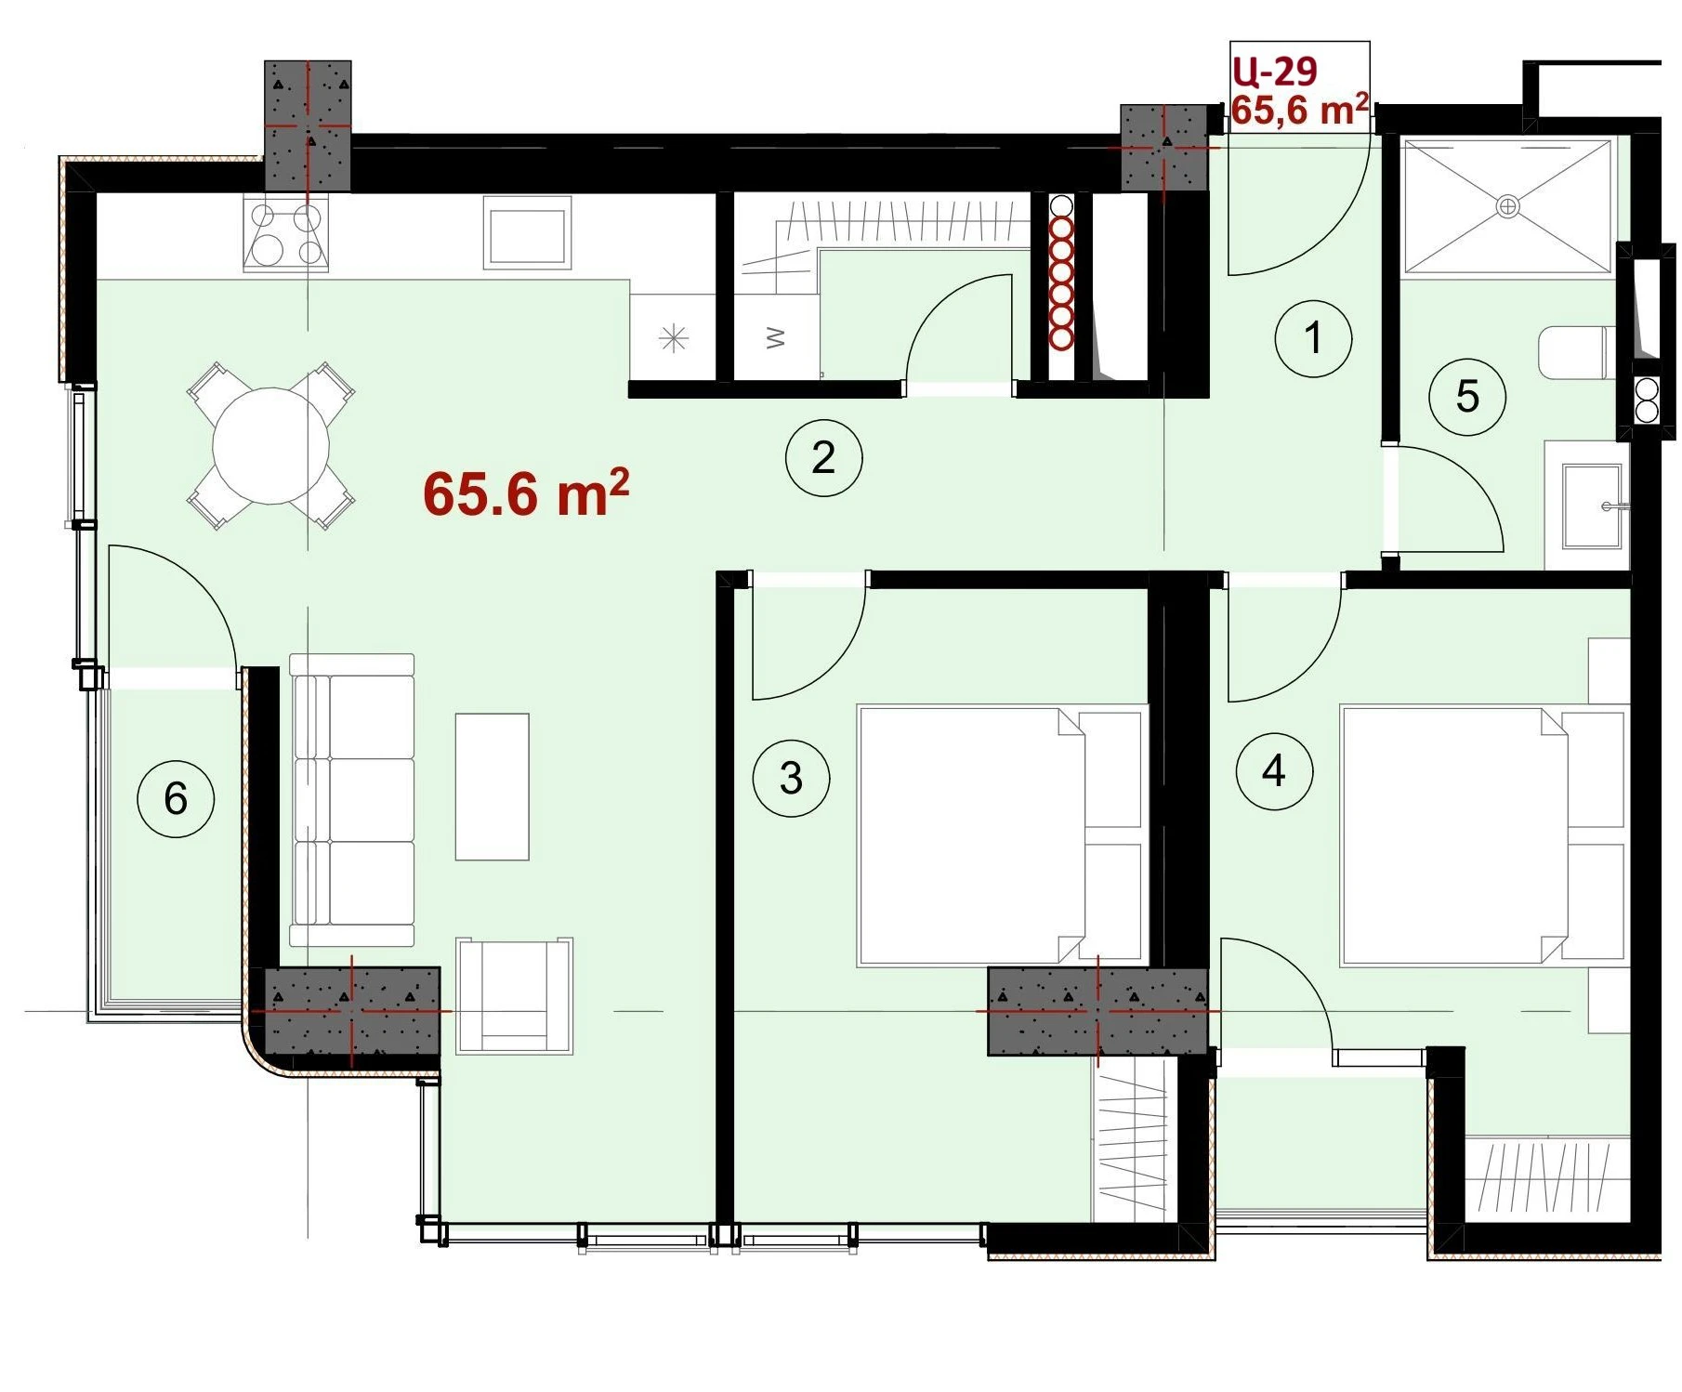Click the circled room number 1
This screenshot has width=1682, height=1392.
pos(1313,338)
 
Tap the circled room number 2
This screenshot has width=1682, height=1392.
pos(824,457)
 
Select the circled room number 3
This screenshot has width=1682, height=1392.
pos(791,778)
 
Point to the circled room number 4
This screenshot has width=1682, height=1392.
pos(1274,770)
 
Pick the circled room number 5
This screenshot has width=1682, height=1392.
pos(1467,396)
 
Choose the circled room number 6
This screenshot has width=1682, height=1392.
pos(176,798)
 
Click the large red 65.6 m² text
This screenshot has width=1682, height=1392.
pos(526,492)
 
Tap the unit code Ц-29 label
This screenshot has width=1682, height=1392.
pos(1275,71)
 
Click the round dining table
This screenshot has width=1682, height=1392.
pos(270,446)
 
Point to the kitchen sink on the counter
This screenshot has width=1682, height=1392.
pos(526,236)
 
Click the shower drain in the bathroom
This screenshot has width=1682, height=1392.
pos(1507,205)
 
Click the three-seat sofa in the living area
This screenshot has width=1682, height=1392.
pos(351,800)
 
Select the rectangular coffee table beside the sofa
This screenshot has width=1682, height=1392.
pos(492,786)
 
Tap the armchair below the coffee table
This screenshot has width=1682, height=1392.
pos(514,995)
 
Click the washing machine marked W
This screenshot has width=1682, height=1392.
pos(776,338)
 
